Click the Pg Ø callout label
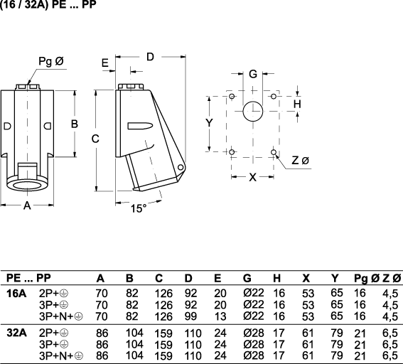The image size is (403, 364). click(x=51, y=62)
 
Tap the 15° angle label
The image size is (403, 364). click(x=139, y=208)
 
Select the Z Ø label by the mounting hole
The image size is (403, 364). click(x=300, y=161)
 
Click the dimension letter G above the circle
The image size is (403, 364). click(x=253, y=74)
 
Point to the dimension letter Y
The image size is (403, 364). click(x=210, y=123)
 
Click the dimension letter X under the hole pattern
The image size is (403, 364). click(x=253, y=177)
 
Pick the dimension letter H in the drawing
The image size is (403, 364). click(x=297, y=104)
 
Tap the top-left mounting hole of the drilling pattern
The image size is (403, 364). click(x=232, y=97)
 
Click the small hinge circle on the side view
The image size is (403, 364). click(x=181, y=168)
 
